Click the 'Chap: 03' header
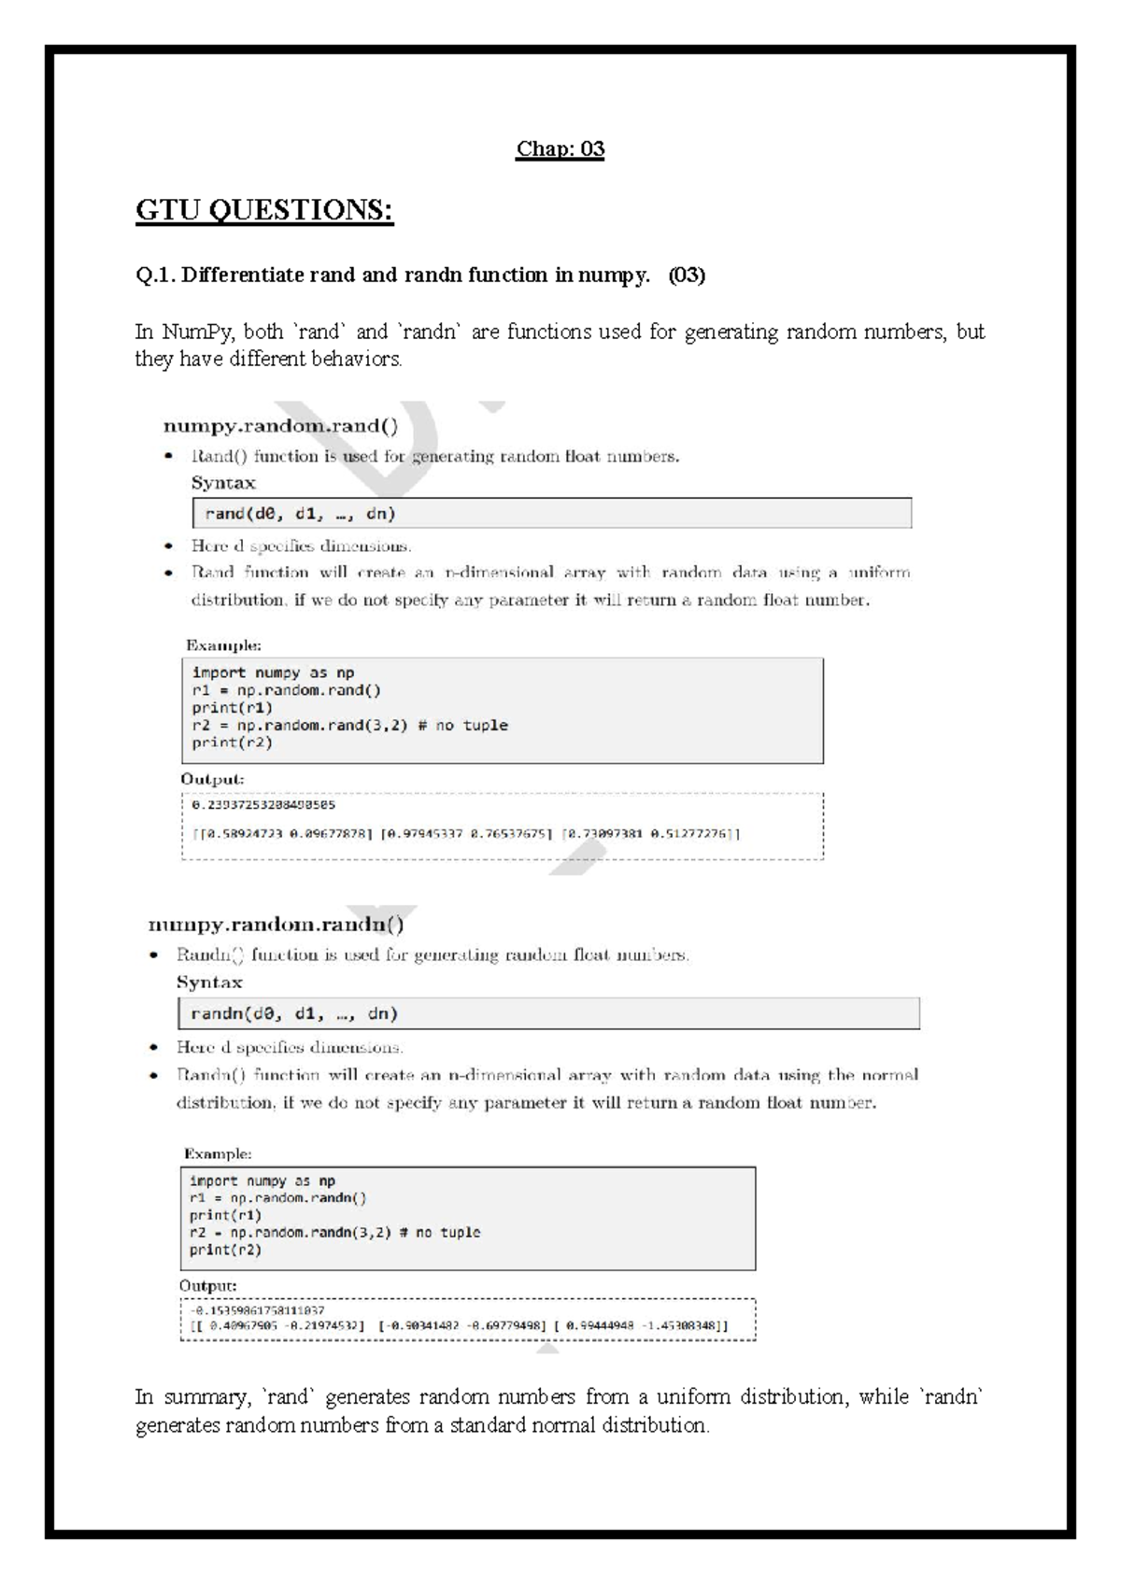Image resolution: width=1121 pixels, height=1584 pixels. pyautogui.click(x=560, y=149)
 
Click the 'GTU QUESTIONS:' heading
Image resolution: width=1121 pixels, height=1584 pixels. pyautogui.click(x=264, y=210)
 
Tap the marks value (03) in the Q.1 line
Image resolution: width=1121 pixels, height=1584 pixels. pyautogui.click(x=687, y=276)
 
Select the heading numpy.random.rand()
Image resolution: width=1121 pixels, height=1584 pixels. pyautogui.click(x=280, y=427)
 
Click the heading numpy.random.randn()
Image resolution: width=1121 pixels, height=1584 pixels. pyautogui.click(x=276, y=926)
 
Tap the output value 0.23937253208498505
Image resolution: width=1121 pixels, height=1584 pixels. pyautogui.click(x=263, y=804)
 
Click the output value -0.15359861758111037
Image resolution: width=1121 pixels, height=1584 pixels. pyautogui.click(x=257, y=1310)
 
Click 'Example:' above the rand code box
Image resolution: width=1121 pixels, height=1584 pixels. pyautogui.click(x=223, y=645)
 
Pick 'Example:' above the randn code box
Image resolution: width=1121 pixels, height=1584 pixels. pyautogui.click(x=218, y=1154)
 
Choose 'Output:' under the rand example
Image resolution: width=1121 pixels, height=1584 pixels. pyautogui.click(x=212, y=779)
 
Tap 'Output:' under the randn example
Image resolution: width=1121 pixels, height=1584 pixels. pyautogui.click(x=207, y=1286)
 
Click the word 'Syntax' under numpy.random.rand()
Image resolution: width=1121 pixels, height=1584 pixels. pyautogui.click(x=223, y=483)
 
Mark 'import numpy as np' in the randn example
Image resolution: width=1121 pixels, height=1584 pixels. pyautogui.click(x=262, y=1181)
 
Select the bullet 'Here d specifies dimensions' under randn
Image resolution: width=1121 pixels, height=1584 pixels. pyautogui.click(x=290, y=1047)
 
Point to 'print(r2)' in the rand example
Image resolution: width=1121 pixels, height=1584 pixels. pyautogui.click(x=232, y=743)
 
